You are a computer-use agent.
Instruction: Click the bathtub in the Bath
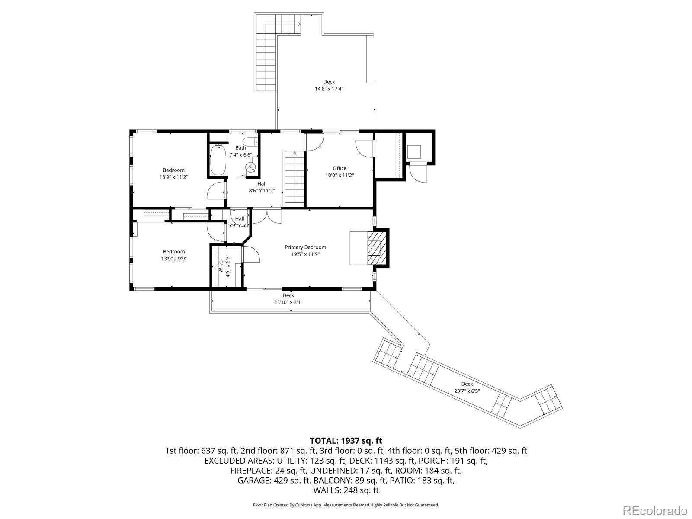pyautogui.click(x=218, y=160)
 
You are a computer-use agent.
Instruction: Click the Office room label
pyautogui.click(x=340, y=168)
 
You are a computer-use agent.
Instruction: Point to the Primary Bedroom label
pyautogui.click(x=305, y=247)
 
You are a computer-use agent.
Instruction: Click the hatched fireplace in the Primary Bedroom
pyautogui.click(x=376, y=248)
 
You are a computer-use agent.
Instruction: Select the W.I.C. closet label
pyautogui.click(x=221, y=266)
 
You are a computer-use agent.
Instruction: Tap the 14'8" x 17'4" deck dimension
pyautogui.click(x=329, y=89)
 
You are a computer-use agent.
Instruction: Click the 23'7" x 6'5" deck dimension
pyautogui.click(x=467, y=391)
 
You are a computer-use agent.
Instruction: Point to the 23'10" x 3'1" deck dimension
pyautogui.click(x=288, y=302)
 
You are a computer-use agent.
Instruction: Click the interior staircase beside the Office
pyautogui.click(x=295, y=178)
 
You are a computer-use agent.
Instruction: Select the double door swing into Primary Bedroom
pyautogui.click(x=267, y=216)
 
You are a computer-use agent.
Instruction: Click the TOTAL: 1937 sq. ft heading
pyautogui.click(x=346, y=441)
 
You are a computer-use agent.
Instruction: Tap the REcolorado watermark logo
pyautogui.click(x=655, y=510)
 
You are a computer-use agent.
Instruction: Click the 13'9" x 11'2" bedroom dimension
pyautogui.click(x=174, y=177)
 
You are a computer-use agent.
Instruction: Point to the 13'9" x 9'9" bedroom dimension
pyautogui.click(x=174, y=259)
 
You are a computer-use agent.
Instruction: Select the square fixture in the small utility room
pyautogui.click(x=414, y=152)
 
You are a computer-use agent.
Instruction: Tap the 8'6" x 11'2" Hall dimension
pyautogui.click(x=262, y=191)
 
